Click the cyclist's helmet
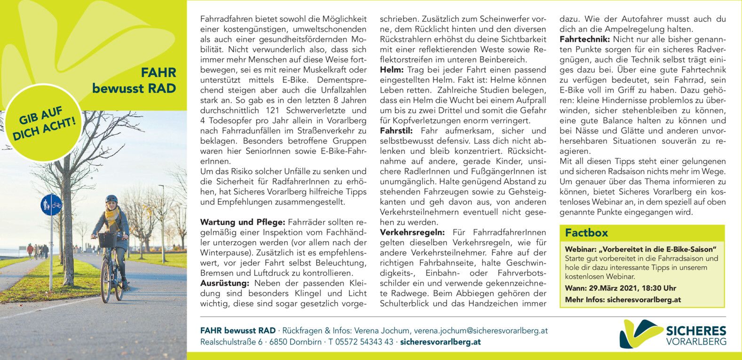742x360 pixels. [x=111, y=199]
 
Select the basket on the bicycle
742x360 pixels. [x=107, y=240]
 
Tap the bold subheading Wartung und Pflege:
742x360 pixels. [x=243, y=222]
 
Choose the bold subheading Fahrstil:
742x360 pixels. [x=398, y=131]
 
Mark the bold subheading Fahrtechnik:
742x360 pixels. [x=584, y=39]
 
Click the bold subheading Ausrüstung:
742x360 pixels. [x=224, y=283]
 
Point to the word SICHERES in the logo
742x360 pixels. [x=696, y=331]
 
